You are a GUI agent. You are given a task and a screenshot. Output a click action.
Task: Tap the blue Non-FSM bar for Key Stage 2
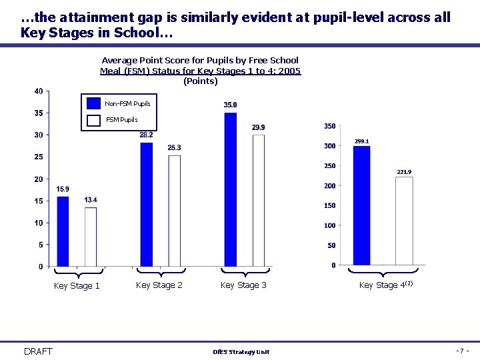click(146, 204)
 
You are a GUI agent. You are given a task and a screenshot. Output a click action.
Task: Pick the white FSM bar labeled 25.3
click(174, 211)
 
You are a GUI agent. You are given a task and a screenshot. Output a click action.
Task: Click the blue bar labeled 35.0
click(230, 189)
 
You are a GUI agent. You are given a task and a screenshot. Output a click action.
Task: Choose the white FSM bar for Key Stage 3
click(258, 201)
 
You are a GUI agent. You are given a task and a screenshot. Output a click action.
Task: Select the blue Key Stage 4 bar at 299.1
click(361, 205)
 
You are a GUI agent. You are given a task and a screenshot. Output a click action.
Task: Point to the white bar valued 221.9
click(404, 221)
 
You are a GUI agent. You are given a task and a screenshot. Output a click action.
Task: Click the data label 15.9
click(63, 189)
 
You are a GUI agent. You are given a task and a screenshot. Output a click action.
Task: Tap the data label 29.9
click(258, 127)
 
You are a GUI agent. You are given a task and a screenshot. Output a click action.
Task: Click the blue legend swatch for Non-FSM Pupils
click(93, 103)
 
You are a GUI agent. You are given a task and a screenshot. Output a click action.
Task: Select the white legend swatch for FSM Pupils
click(93, 120)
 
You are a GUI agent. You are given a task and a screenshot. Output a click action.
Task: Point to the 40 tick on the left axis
click(39, 91)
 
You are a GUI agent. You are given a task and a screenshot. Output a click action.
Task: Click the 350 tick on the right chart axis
click(329, 126)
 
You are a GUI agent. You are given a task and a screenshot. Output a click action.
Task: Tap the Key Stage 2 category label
click(159, 285)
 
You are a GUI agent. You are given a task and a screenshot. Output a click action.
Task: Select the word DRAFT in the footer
click(38, 351)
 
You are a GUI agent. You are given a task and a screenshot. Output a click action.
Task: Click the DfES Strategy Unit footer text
click(241, 352)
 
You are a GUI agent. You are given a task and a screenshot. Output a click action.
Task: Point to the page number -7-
click(463, 351)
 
